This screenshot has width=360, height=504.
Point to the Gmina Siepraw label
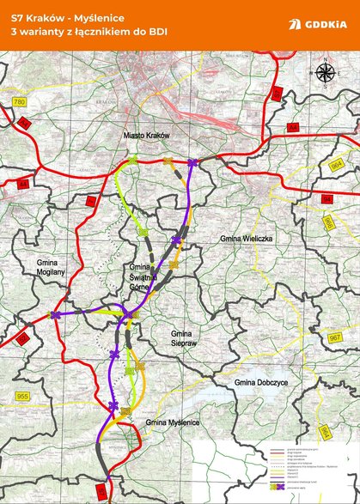click(180, 337)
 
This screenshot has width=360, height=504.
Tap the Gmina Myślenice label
click(172, 422)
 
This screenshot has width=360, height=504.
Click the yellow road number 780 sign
click(20, 104)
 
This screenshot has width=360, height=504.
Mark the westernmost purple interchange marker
click(56, 316)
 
